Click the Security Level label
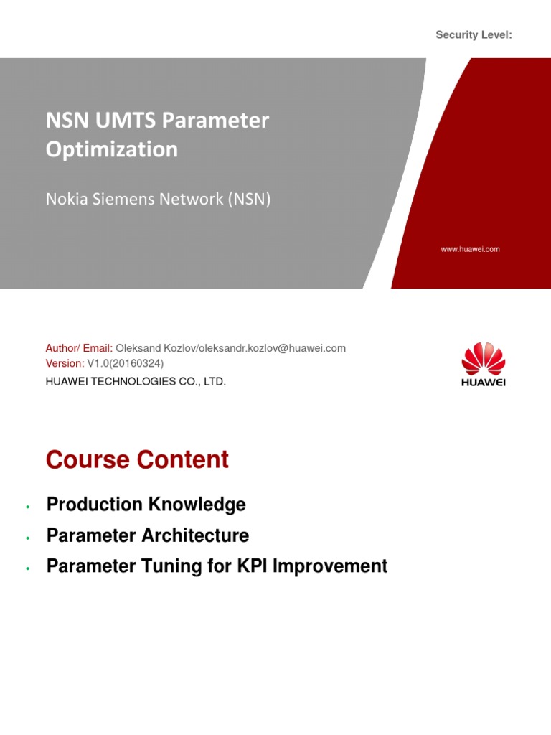[x=474, y=35]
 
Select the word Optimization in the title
[x=112, y=149]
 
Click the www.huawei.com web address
[x=471, y=249]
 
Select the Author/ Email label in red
[x=79, y=348]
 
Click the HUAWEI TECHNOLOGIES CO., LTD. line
[x=136, y=382]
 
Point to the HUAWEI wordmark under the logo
[x=484, y=383]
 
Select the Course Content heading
[x=137, y=459]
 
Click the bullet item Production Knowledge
[x=146, y=505]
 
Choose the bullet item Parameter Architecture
[x=147, y=535]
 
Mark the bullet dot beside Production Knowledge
[x=27, y=507]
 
